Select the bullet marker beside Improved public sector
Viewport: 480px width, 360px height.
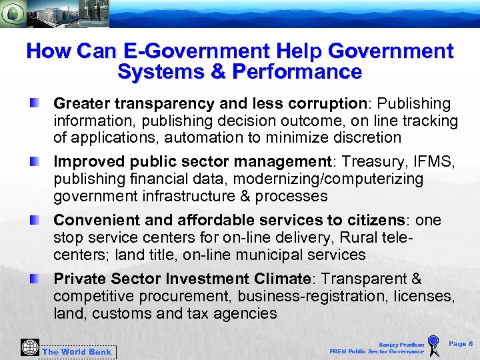pos(33,161)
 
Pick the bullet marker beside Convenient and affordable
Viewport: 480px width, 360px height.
pos(33,219)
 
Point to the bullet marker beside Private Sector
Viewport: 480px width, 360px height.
pos(33,277)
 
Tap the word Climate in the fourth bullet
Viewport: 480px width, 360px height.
pos(282,279)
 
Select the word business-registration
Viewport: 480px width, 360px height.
pos(305,296)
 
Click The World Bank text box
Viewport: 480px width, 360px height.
pos(77,351)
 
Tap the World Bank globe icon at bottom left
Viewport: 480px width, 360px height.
pos(29,348)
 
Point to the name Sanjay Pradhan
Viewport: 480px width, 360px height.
pos(401,345)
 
